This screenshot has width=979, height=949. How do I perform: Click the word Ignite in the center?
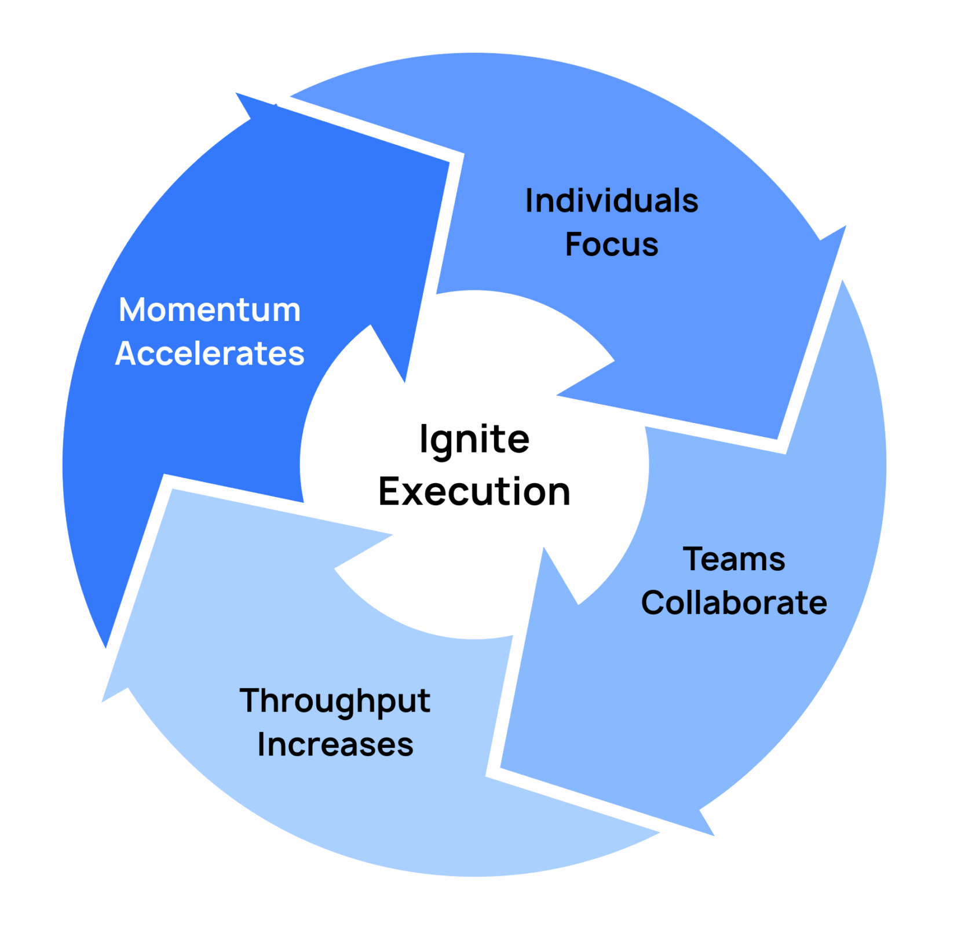pos(474,440)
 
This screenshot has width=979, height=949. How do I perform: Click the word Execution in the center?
pos(474,492)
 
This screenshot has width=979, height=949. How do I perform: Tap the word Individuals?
pos(611,201)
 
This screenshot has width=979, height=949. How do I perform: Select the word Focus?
pos(611,244)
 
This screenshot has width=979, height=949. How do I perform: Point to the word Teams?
pos(733,560)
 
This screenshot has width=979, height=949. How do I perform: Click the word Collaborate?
pos(733,603)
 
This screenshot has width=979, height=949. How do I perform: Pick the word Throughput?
pos(335,702)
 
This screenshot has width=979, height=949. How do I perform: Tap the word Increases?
pos(335,745)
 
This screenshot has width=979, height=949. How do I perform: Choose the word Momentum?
pos(210,310)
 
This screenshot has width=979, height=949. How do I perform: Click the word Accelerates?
pos(210,353)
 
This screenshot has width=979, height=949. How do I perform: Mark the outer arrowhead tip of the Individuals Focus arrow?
pos(845,227)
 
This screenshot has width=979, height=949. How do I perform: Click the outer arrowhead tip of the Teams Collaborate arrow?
pos(713,834)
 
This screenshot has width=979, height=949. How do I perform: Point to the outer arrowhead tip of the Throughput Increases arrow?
pos(103,701)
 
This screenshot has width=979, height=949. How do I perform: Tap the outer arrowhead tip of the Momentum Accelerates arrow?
pos(238,94)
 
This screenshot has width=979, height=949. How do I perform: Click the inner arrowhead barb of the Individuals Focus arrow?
pos(612,362)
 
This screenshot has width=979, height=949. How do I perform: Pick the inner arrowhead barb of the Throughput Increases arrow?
pos(336,568)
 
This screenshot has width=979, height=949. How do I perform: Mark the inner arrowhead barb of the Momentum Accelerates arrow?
pos(371,326)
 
